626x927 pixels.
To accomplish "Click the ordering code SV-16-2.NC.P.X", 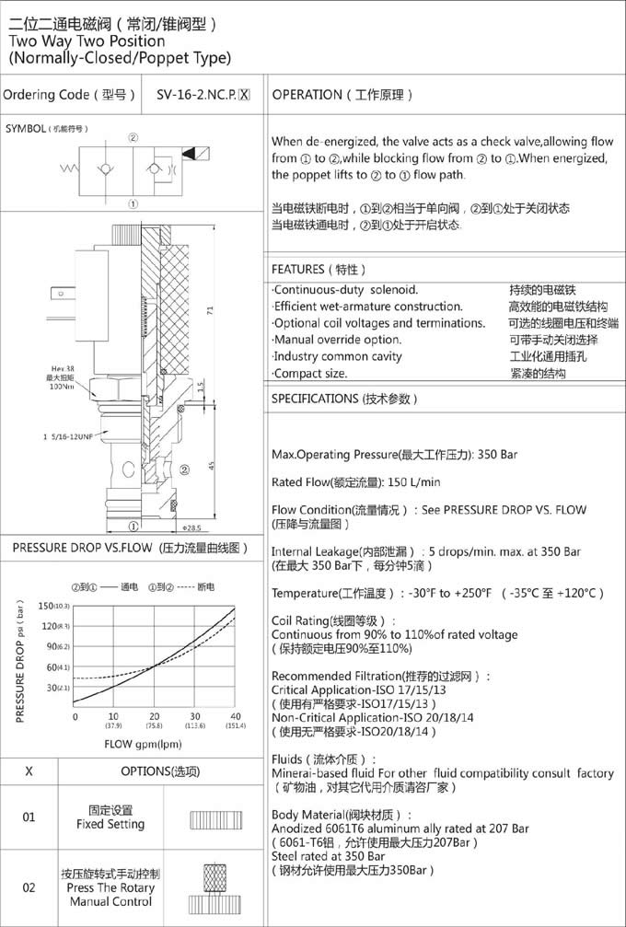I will click(x=203, y=95).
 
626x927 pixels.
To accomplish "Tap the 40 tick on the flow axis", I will click(x=235, y=717).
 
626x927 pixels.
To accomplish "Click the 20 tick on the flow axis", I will click(x=154, y=717).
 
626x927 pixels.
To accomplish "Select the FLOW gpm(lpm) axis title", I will click(x=142, y=744).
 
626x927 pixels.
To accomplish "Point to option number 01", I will click(x=29, y=817).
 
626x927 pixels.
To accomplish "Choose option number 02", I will click(x=29, y=887).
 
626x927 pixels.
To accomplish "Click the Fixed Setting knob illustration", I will click(x=214, y=819).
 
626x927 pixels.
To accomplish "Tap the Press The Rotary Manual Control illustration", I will click(x=214, y=888).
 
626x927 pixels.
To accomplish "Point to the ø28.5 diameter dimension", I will click(x=191, y=528).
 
